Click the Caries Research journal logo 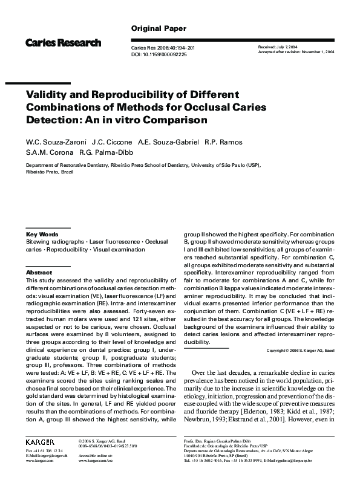pos(63,43)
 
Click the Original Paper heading pos(159,28)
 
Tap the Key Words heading pos(42,234)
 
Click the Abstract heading pos(39,273)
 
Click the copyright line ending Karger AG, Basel pos(301,351)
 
